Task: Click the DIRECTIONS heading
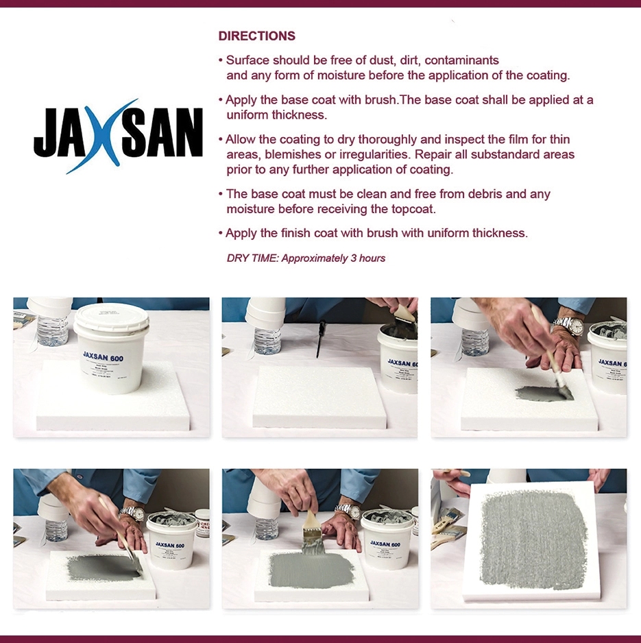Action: (x=256, y=36)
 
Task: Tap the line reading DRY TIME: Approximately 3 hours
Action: (x=306, y=258)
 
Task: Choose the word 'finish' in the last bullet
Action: (x=295, y=234)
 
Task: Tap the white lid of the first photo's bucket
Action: (x=111, y=317)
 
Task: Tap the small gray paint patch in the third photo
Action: (x=542, y=393)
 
